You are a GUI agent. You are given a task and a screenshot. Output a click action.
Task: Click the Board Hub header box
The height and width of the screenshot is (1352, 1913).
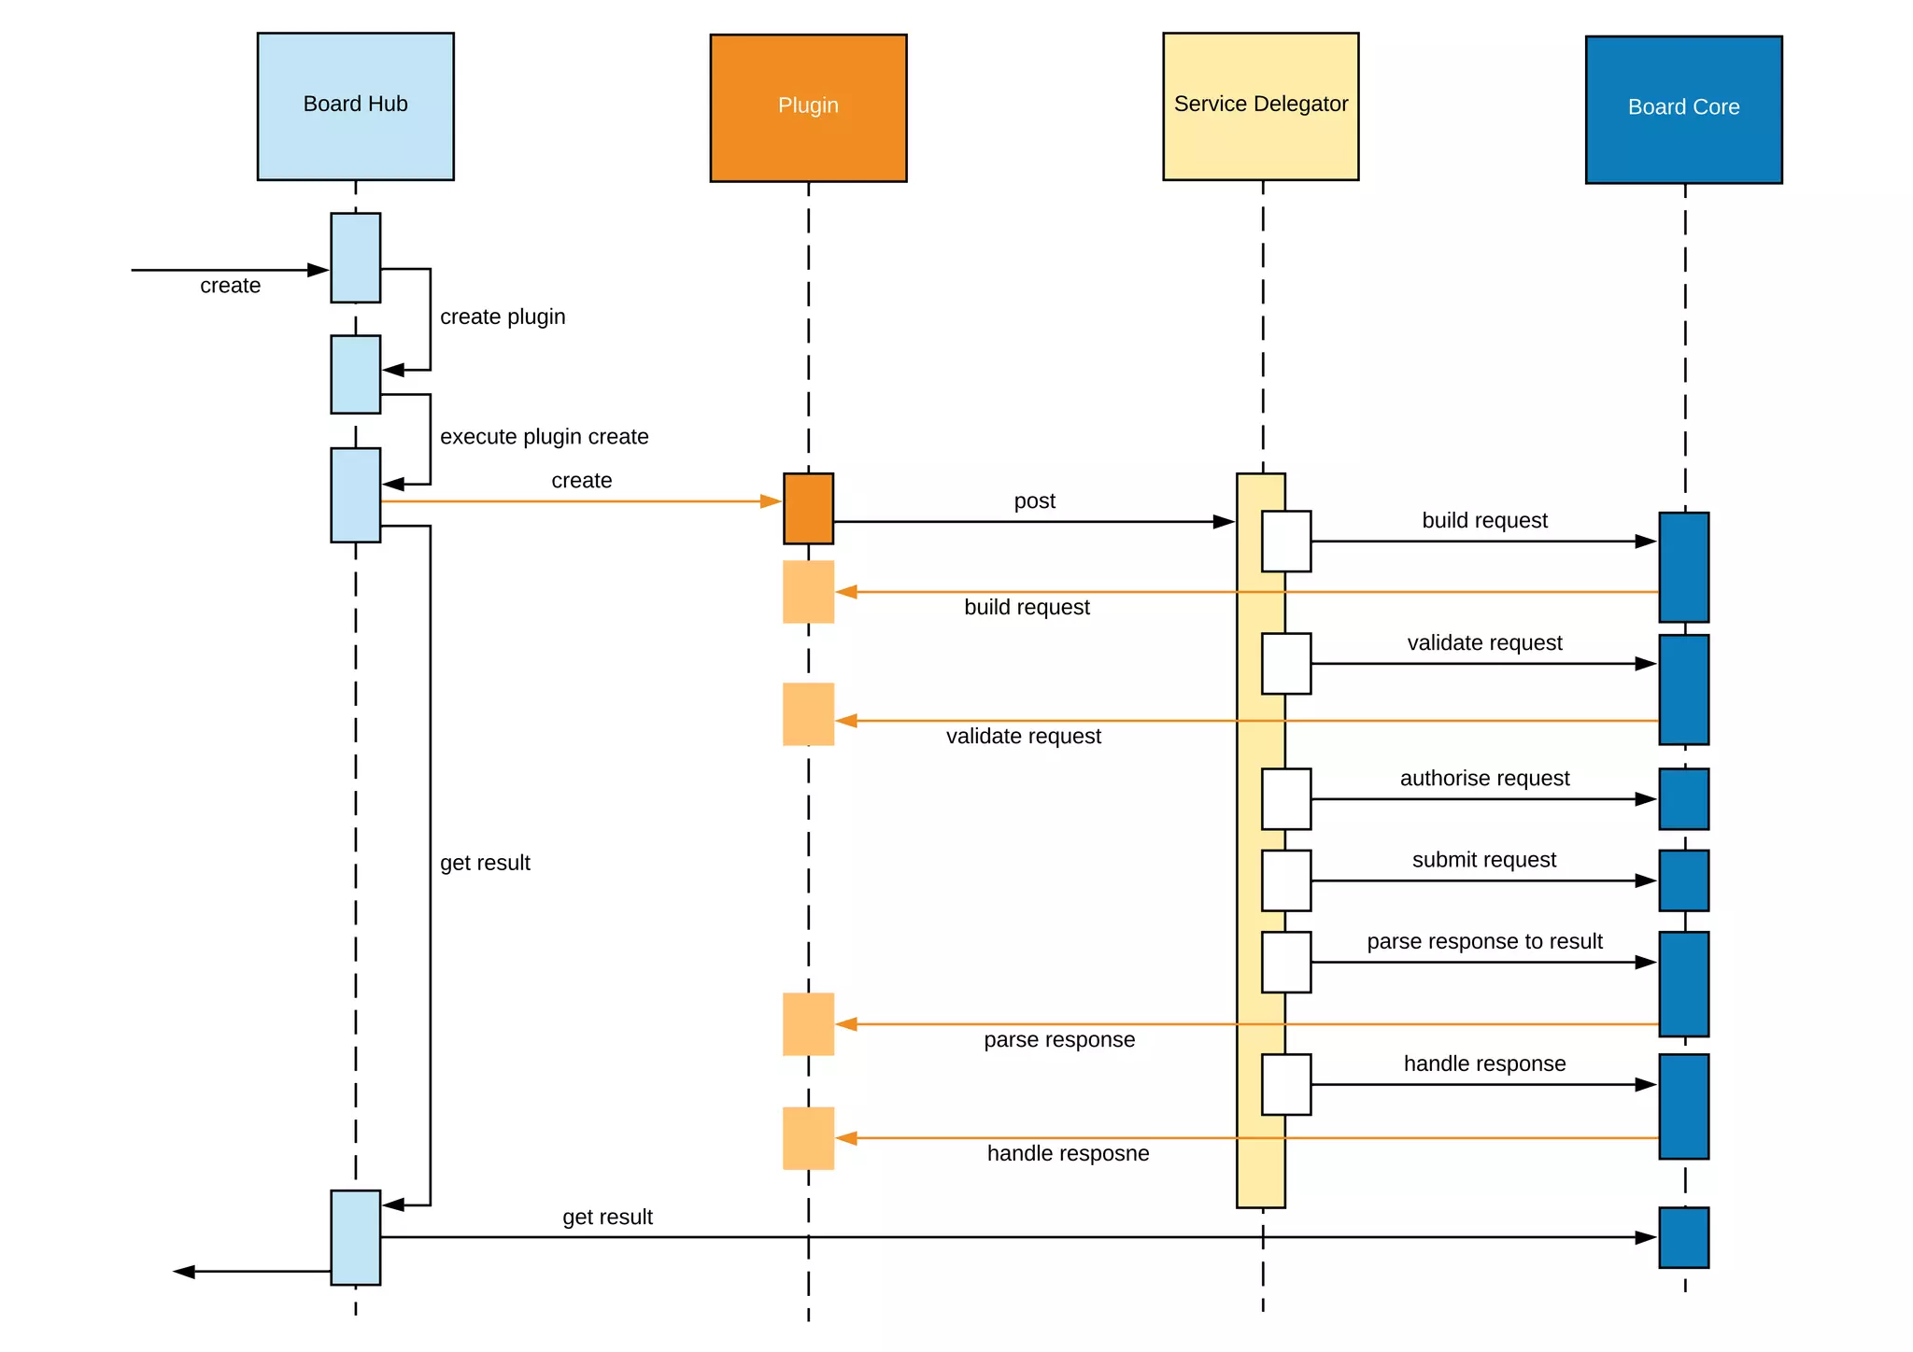coord(355,106)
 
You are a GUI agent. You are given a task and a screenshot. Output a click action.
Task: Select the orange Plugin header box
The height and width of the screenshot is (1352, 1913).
coord(808,107)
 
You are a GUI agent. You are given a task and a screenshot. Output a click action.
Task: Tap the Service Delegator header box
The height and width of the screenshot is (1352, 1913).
coord(1260,106)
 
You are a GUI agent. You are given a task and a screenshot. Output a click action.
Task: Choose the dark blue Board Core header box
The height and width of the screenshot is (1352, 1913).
coord(1683,109)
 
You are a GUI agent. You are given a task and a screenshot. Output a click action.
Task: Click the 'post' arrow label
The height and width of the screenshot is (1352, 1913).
coord(1034,501)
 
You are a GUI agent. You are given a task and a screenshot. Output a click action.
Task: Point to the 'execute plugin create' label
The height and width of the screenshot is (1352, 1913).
coord(544,437)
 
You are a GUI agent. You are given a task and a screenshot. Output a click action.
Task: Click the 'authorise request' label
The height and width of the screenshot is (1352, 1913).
coord(1484,779)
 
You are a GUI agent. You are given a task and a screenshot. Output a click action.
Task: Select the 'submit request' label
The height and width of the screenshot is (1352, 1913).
coord(1483,860)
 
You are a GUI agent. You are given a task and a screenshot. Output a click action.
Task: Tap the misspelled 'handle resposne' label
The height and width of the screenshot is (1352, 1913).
coord(1068,1154)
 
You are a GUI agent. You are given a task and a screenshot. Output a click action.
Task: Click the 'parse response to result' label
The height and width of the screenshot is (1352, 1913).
coord(1484,941)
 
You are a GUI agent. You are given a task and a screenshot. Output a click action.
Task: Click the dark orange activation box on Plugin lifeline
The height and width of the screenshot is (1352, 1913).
coord(808,509)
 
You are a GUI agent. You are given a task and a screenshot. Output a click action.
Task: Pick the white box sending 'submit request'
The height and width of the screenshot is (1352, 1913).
coord(1285,880)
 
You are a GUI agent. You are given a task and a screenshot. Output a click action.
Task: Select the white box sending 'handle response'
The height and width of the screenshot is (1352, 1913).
coord(1285,1084)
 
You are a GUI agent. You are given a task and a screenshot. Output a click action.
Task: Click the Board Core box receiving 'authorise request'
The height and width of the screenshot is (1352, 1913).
coord(1683,799)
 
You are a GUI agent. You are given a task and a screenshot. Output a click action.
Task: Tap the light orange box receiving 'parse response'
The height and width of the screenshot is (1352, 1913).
coord(808,1024)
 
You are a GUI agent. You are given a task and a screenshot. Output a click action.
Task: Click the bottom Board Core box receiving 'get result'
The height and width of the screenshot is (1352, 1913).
coord(1683,1237)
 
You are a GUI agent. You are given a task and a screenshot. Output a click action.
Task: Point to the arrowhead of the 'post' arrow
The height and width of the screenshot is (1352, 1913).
coord(1224,522)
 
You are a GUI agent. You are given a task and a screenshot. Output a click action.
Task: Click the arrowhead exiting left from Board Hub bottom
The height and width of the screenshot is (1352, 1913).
coord(184,1272)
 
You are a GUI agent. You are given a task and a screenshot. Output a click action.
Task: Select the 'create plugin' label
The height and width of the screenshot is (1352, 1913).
coord(503,317)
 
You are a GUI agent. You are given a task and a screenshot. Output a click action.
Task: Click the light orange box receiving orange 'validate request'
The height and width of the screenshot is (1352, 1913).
coord(808,714)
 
